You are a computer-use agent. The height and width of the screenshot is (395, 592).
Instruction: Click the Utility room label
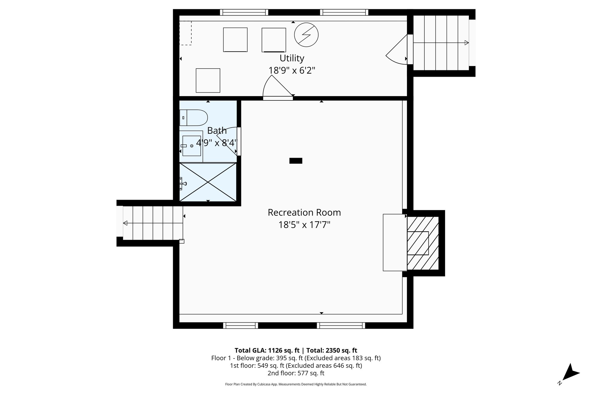tap(292, 58)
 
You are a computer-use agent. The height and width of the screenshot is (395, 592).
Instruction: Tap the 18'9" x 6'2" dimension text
tap(292, 70)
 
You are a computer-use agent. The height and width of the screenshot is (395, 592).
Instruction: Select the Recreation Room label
tap(304, 212)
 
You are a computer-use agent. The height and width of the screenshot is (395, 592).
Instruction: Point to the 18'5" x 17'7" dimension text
tap(304, 225)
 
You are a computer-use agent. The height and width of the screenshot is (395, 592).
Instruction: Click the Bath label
tap(217, 131)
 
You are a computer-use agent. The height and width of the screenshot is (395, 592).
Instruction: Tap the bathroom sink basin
tap(192, 146)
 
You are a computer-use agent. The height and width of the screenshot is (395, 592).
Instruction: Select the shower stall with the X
tap(208, 182)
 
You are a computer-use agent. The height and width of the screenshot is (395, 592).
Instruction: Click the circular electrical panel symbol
tap(306, 35)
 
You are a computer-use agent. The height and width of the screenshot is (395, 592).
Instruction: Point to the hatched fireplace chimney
tap(423, 243)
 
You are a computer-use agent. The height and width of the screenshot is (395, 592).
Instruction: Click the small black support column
tap(296, 161)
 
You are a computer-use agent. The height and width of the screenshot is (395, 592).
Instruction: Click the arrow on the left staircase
tap(125, 223)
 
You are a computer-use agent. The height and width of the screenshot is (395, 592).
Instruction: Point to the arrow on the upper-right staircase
tap(466, 43)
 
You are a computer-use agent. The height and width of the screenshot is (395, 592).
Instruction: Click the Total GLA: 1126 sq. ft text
tap(267, 350)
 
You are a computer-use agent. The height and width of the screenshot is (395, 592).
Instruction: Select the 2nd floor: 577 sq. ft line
tap(296, 373)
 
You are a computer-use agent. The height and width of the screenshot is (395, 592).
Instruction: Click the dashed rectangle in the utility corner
tap(185, 33)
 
